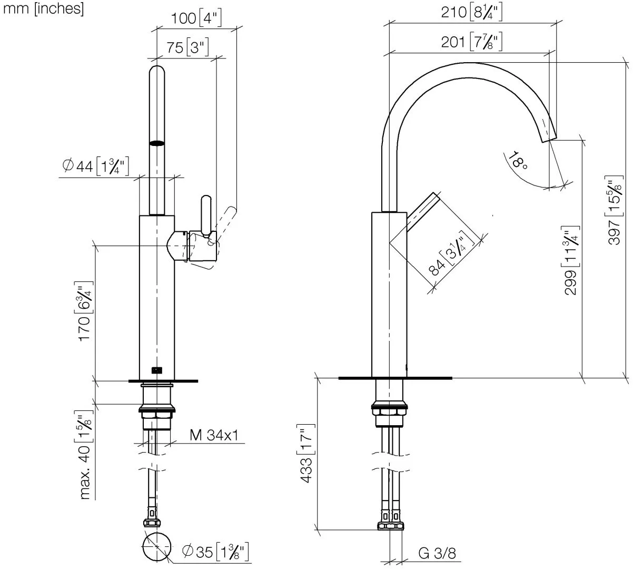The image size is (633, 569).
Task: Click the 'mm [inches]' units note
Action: coord(43,9)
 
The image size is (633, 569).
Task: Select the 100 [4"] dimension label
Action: coord(196,18)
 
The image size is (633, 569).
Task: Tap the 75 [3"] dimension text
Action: coord(187,47)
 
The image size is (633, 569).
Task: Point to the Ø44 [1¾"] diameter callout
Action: coord(96,166)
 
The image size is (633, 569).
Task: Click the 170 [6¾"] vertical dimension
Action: coord(84,311)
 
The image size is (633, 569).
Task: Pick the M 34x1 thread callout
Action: coord(214,435)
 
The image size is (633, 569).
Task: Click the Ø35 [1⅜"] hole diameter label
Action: coord(215,552)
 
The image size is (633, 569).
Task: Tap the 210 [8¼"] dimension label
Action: coord(471,13)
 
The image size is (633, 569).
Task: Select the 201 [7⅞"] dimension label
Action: coord(471,42)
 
